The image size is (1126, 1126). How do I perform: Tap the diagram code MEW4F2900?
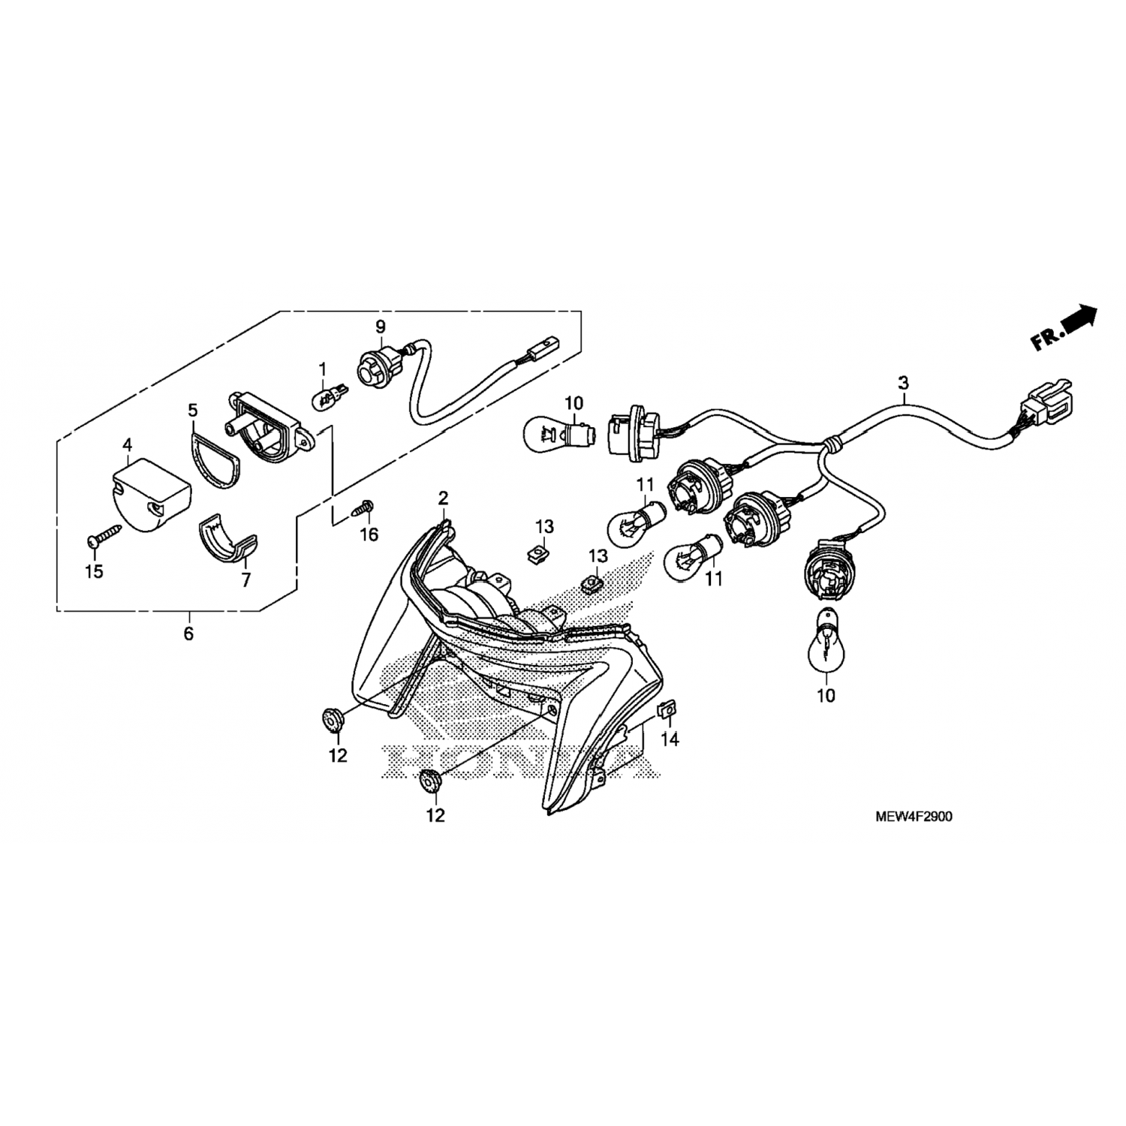click(914, 817)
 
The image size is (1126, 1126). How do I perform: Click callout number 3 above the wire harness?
click(903, 383)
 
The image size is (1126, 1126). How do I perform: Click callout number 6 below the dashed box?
click(188, 634)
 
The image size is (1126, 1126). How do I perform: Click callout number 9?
click(381, 327)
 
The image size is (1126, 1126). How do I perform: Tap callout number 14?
click(670, 739)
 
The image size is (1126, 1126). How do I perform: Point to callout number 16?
click(369, 534)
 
